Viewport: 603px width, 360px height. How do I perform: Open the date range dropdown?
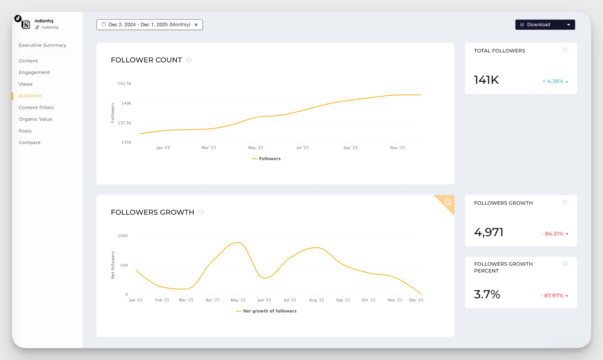point(150,25)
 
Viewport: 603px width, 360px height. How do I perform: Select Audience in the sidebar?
point(30,96)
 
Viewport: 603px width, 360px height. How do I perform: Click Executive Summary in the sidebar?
point(43,45)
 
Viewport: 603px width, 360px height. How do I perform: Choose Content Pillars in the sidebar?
point(36,107)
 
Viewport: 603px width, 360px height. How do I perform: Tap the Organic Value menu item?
point(35,119)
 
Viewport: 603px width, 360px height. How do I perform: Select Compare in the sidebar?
point(30,142)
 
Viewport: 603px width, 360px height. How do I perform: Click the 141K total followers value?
point(486,80)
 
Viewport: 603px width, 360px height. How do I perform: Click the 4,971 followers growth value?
point(489,232)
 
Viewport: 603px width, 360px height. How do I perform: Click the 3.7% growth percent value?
point(487,294)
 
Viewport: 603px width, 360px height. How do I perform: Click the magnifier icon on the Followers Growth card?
point(448,202)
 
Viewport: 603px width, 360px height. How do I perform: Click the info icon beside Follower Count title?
point(189,60)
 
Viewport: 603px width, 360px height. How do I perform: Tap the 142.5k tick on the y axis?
point(124,83)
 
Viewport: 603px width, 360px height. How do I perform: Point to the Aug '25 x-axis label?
point(316,300)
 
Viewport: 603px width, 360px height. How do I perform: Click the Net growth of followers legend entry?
point(269,311)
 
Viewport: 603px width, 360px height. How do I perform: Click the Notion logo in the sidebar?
point(26,25)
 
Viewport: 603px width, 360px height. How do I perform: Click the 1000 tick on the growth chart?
point(123,236)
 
